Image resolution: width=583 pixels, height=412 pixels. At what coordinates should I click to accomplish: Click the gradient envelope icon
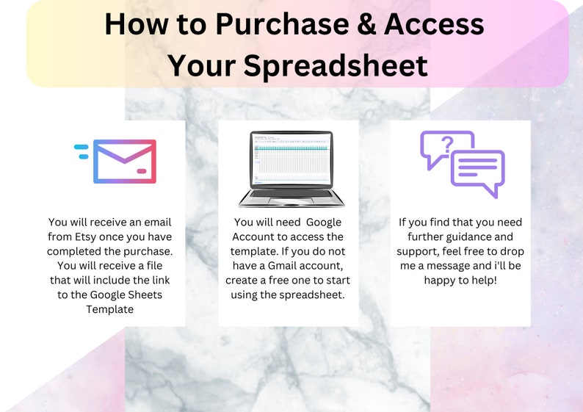[125, 162]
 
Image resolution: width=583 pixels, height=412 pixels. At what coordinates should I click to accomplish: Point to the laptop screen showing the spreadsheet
[291, 158]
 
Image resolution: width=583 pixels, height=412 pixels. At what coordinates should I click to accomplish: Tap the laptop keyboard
[291, 196]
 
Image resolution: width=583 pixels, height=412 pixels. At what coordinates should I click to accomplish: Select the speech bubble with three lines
[477, 170]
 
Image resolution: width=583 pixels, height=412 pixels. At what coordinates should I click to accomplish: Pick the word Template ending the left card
[112, 310]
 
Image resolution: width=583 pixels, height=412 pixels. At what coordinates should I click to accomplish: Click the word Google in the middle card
[323, 222]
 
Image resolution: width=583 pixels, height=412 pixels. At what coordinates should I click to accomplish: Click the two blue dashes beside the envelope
[82, 151]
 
